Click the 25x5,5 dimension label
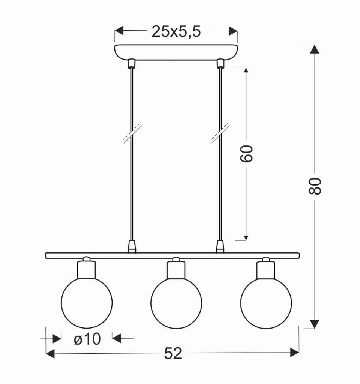(x=176, y=32)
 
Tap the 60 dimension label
(x=246, y=153)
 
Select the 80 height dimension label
(x=315, y=186)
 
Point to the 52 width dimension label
(x=173, y=353)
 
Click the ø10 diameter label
(x=87, y=339)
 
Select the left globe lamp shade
(x=87, y=303)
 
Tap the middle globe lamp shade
(x=176, y=303)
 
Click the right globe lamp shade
(x=266, y=303)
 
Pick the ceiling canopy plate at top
(x=176, y=52)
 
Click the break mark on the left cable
(x=132, y=133)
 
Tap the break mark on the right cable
(x=220, y=133)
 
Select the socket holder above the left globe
(x=87, y=269)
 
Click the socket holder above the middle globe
(x=176, y=269)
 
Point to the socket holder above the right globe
(x=266, y=269)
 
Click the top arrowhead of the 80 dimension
(x=315, y=49)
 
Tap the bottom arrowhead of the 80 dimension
(x=315, y=324)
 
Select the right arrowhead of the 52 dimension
(x=294, y=352)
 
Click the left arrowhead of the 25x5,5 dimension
(x=119, y=31)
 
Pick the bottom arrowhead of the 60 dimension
(x=246, y=237)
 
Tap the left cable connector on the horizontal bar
(x=131, y=246)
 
